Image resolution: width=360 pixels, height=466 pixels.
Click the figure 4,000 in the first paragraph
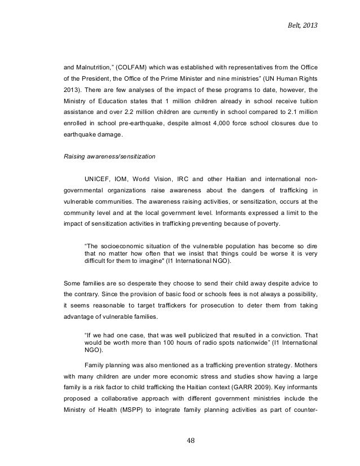[x=225, y=122]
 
